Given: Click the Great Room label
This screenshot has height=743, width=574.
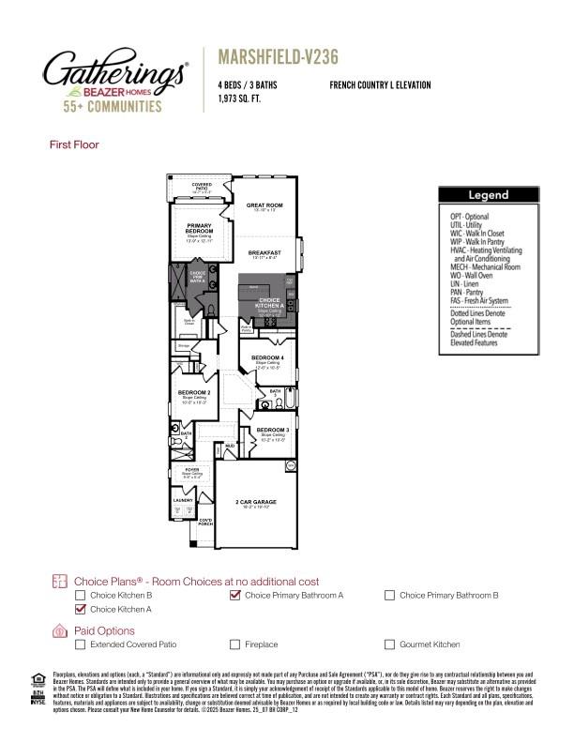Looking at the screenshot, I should (x=264, y=205).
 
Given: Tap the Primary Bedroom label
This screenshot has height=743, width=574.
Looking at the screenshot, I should (x=199, y=228).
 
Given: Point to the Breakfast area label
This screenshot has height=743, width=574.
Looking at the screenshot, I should (x=264, y=253).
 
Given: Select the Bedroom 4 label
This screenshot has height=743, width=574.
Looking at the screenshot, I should (x=268, y=357).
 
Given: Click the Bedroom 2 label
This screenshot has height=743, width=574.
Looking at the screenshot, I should (x=194, y=391).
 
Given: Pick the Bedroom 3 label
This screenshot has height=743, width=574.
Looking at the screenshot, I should (x=272, y=430).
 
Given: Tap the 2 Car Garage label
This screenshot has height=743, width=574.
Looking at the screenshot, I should (x=256, y=502).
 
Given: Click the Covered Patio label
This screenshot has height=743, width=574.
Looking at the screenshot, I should (x=202, y=186).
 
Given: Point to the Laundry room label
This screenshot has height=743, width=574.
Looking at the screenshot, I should (x=183, y=500).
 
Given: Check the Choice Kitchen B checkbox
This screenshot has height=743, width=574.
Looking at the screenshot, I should (x=81, y=595).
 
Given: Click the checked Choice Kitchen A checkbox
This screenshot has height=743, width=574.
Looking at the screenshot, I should (x=81, y=609).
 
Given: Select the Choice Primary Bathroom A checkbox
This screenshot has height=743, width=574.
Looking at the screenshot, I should (x=235, y=595).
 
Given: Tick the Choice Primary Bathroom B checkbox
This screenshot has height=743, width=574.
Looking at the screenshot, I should (x=390, y=595).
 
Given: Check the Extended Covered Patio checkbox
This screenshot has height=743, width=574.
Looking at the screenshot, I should (x=81, y=644).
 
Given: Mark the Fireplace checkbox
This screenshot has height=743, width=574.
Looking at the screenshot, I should (x=235, y=644).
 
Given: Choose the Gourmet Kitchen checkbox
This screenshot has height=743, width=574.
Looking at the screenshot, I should (x=390, y=644).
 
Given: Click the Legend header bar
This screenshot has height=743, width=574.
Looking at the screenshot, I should (x=489, y=195).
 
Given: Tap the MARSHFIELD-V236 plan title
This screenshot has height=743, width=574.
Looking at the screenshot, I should (x=277, y=57).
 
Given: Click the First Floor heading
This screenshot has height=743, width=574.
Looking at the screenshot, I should (x=74, y=144).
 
